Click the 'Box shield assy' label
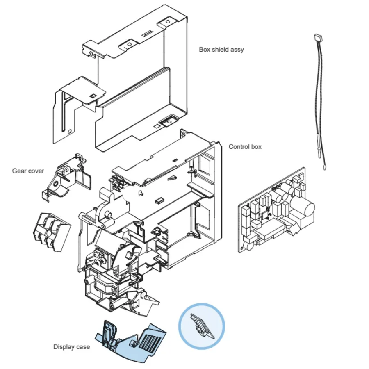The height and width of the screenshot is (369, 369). click(x=221, y=50)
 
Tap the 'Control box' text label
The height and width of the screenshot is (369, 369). click(x=245, y=147)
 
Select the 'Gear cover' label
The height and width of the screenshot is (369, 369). click(x=28, y=171)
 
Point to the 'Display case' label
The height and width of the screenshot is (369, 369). click(x=71, y=347)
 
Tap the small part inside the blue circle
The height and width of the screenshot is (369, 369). click(x=202, y=326)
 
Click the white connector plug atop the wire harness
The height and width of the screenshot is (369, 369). click(x=319, y=37)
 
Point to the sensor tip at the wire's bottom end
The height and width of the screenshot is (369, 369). click(x=325, y=168)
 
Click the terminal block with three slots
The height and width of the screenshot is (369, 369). click(x=52, y=231)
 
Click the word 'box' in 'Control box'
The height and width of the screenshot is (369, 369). click(x=256, y=147)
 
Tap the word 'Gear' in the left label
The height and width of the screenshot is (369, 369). click(x=18, y=171)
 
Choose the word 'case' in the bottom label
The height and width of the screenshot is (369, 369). click(x=83, y=347)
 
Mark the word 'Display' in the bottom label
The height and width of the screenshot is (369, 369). click(x=64, y=347)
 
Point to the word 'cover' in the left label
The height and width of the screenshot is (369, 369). click(x=35, y=171)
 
